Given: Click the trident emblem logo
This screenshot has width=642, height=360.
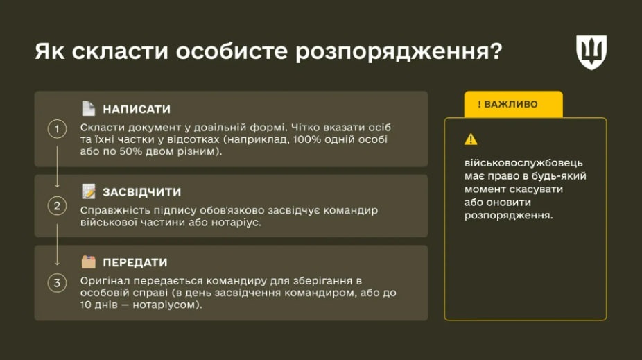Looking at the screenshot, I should (591, 52).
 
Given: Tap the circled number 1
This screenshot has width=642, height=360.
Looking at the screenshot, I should (58, 130).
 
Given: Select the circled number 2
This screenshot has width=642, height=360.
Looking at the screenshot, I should (58, 206).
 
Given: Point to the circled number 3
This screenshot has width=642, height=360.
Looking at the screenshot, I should (58, 282).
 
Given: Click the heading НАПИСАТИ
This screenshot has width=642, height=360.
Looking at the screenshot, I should (136, 110).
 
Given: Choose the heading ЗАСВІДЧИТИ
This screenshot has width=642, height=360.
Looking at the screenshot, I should (141, 191).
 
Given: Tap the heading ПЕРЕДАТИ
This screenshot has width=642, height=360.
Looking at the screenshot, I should (135, 263).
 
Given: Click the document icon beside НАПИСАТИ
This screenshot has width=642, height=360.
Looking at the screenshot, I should (88, 109).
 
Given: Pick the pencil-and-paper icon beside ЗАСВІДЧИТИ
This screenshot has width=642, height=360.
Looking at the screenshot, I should (88, 191).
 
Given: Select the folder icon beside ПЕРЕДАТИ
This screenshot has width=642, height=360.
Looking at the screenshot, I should (88, 262).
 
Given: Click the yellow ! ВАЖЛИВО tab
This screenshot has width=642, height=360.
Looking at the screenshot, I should (513, 104).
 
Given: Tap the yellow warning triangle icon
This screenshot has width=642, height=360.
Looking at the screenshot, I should (471, 139).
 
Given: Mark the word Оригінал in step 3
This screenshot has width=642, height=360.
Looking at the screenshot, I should (105, 281).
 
